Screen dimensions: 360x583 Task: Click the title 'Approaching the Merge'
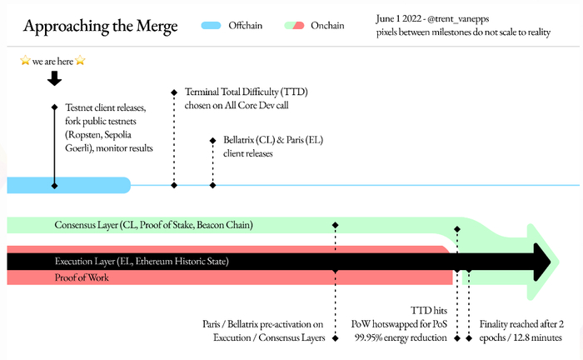[x=100, y=27]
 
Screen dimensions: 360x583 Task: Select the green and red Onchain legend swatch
[x=293, y=27]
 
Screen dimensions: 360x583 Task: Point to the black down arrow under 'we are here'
[x=55, y=78]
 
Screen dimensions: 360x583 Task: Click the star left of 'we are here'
[x=25, y=62]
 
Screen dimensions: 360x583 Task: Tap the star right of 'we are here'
[x=81, y=62]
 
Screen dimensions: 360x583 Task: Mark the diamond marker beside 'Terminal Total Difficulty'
[x=174, y=92]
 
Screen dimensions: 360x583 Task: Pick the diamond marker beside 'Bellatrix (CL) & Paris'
[x=212, y=140]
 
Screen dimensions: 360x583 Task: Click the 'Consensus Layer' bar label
[x=153, y=225]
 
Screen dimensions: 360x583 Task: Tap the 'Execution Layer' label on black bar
[x=141, y=262]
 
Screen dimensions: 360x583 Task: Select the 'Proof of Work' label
[x=82, y=277]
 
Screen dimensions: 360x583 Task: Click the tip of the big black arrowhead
[x=550, y=262]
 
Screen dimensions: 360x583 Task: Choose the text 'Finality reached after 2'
[x=522, y=323]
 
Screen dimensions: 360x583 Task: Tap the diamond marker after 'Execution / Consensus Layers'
[x=335, y=337]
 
